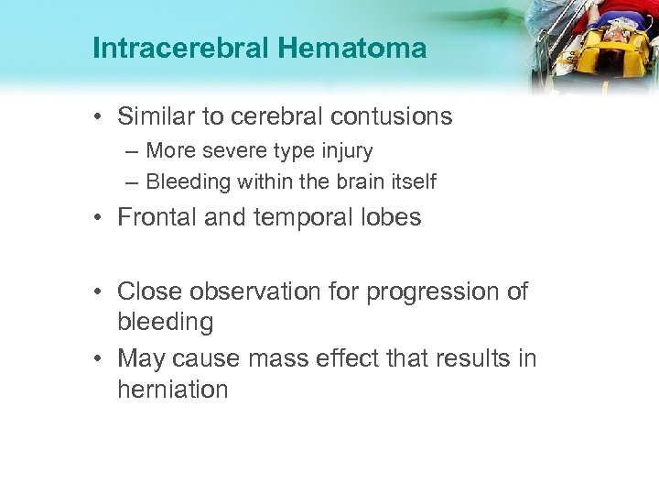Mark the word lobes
click(390, 218)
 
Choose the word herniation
click(172, 389)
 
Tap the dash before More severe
click(134, 149)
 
